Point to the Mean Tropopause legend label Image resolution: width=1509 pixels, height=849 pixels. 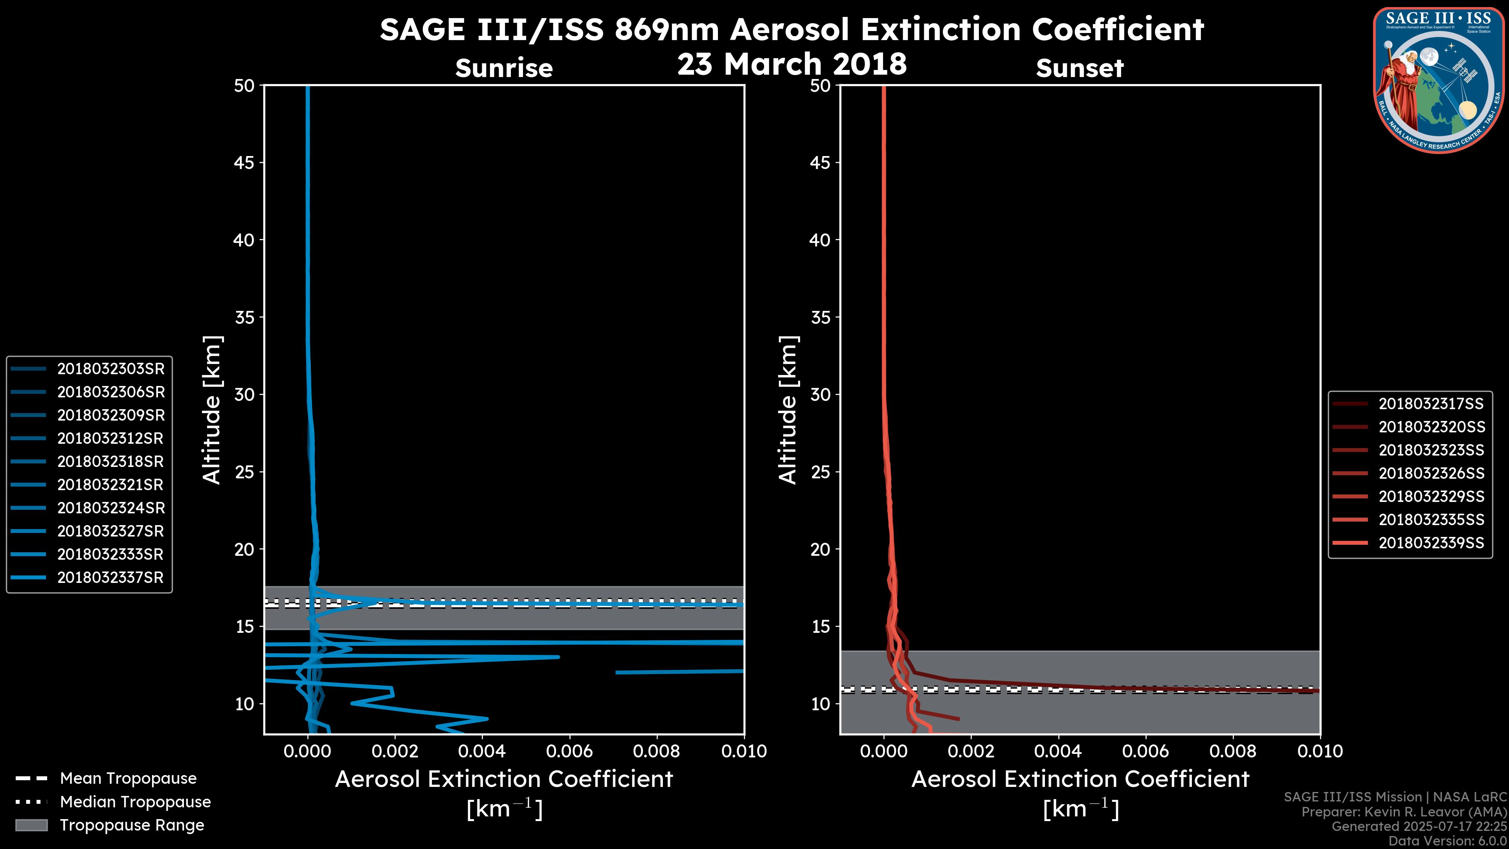[x=128, y=779]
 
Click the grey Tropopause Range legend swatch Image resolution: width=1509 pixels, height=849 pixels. [x=31, y=825]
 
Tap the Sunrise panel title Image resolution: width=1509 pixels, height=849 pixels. [x=504, y=68]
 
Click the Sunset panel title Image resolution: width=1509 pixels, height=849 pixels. [x=1079, y=68]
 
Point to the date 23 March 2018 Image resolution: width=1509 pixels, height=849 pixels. [x=792, y=64]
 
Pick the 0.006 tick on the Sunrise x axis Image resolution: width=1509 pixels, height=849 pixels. [x=569, y=751]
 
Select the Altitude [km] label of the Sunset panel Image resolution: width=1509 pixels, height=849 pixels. [x=788, y=410]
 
